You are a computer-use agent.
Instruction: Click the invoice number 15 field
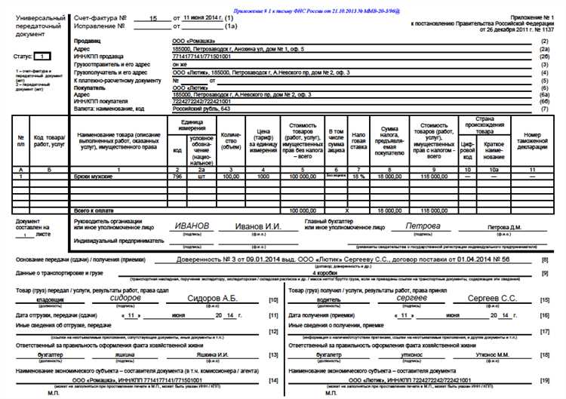(153, 16)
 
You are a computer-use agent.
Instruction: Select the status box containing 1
(42, 57)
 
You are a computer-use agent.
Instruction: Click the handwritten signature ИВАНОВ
(192, 226)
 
